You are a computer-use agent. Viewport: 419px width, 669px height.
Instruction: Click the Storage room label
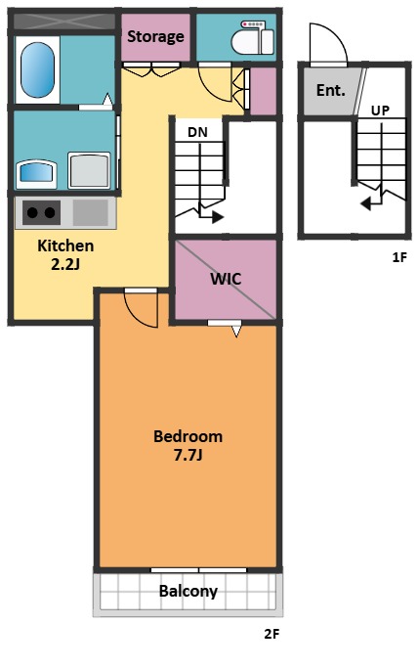point(155,37)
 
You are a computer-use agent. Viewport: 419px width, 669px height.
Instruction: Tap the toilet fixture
point(252,37)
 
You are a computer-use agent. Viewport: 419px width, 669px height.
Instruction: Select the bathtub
point(37,69)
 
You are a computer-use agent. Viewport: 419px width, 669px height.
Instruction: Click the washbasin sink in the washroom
point(37,174)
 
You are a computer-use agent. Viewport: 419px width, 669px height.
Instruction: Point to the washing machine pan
point(89,170)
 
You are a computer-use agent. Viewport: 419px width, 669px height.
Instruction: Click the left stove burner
point(32,212)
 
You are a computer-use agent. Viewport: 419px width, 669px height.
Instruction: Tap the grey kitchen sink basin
point(91,212)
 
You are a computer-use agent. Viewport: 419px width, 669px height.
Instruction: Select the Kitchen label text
point(65,245)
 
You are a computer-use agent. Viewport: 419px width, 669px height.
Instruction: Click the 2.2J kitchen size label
point(65,264)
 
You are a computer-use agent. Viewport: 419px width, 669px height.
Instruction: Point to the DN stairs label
point(197,132)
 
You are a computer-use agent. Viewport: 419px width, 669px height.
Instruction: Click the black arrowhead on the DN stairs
point(218,217)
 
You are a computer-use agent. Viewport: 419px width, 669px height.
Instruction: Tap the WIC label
point(226,279)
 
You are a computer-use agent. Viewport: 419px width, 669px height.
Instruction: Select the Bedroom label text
point(188,436)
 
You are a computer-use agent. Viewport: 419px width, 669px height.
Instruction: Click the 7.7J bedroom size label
point(188,455)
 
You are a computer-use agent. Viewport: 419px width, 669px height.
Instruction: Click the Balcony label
point(189,592)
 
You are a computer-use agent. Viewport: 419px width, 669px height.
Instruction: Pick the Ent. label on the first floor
point(330,90)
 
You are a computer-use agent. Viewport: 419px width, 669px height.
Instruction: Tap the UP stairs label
point(380,111)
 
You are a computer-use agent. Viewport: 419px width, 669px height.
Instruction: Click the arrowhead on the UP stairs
point(365,204)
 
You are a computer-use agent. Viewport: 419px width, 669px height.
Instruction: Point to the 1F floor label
point(399,257)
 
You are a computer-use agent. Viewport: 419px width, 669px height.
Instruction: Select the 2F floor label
point(272,634)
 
